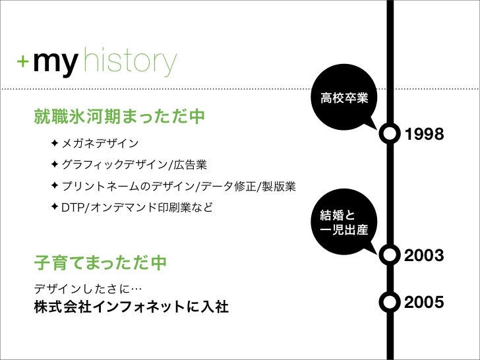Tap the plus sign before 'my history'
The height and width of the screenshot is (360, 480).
tap(23, 61)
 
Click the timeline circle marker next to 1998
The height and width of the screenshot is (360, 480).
tap(390, 133)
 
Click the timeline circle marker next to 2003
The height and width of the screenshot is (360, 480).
tap(390, 255)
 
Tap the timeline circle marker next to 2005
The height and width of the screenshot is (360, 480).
tap(390, 302)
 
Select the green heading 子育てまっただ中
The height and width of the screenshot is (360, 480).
tap(100, 264)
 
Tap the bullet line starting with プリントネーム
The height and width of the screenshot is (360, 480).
tap(178, 187)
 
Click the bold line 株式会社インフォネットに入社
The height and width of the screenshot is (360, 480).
tap(131, 307)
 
